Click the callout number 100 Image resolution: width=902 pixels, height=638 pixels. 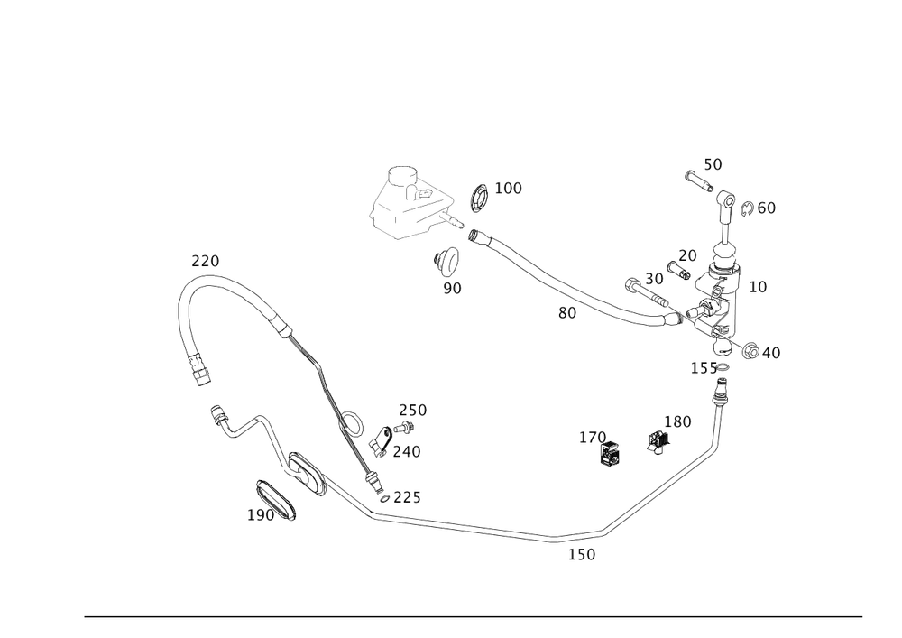510,188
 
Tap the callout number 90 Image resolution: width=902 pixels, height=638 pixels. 452,288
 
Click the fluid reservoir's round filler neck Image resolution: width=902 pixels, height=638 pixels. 400,172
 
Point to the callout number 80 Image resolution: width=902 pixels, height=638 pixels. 566,313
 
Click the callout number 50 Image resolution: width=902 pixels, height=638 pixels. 713,164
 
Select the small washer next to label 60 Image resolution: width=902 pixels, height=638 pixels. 747,209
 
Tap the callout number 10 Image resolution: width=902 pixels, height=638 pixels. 758,286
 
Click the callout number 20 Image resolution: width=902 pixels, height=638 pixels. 687,255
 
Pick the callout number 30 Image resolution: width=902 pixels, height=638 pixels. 654,279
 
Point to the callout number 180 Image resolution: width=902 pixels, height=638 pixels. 676,421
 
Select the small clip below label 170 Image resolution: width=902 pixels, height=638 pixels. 611,456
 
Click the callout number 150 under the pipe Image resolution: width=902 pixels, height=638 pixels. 582,554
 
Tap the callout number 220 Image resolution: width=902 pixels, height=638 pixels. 205,262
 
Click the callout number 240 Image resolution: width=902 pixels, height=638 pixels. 406,450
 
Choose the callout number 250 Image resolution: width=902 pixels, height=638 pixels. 413,411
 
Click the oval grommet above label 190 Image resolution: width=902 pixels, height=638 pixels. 275,498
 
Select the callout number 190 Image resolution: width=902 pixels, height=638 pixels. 262,514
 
